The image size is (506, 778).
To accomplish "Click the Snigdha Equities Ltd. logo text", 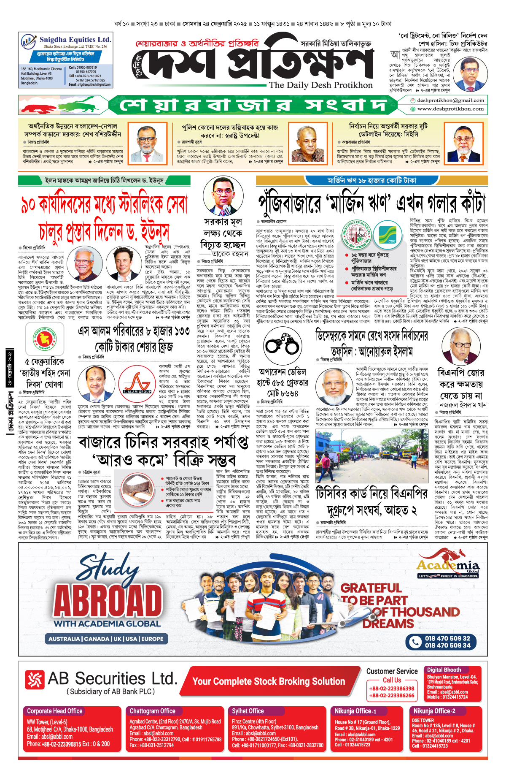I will [75, 40].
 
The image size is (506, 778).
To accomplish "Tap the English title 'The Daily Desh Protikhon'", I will [320, 85].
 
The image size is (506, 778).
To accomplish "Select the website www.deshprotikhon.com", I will [450, 109].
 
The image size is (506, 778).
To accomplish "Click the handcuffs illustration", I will [282, 344].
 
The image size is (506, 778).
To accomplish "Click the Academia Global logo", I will [448, 567].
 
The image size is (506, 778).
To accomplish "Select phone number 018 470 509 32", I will [447, 638].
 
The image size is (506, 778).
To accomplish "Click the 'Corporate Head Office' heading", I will [55, 711].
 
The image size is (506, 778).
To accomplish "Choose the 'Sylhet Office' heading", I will [248, 711].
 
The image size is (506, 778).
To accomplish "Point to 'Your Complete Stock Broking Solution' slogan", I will [269, 681].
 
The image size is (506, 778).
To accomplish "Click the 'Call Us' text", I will [392, 680].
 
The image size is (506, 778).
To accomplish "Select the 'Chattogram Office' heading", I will [152, 711].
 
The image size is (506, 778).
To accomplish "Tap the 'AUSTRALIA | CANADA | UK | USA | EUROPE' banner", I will [105, 639].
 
